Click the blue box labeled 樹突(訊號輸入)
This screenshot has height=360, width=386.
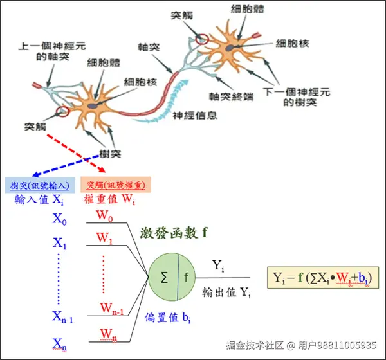pyautogui.click(x=40, y=184)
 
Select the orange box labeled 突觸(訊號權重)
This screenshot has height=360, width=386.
pyautogui.click(x=116, y=184)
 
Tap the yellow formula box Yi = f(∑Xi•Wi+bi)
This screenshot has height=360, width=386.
pyautogui.click(x=323, y=277)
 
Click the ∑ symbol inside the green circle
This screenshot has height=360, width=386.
pyautogui.click(x=164, y=277)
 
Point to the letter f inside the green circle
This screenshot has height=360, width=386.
pyautogui.click(x=187, y=277)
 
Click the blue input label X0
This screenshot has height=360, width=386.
pyautogui.click(x=60, y=219)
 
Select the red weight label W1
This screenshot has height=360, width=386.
pyautogui.click(x=104, y=239)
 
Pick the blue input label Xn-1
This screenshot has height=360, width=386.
pyautogui.click(x=62, y=317)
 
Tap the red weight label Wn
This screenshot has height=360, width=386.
pyautogui.click(x=108, y=335)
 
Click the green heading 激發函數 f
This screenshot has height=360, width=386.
pyautogui.click(x=174, y=233)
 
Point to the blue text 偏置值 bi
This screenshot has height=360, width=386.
pyautogui.click(x=168, y=318)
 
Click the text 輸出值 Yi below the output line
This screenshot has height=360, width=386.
pyautogui.click(x=226, y=292)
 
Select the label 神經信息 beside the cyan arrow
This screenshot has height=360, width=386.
pyautogui.click(x=194, y=115)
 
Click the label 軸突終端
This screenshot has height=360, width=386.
pyautogui.click(x=231, y=96)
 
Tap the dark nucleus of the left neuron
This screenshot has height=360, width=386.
pyautogui.click(x=92, y=106)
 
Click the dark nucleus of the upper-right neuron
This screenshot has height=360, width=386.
pyautogui.click(x=230, y=48)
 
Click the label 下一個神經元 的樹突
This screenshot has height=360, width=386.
pyautogui.click(x=297, y=97)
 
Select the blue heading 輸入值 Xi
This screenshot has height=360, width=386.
pyautogui.click(x=39, y=199)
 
